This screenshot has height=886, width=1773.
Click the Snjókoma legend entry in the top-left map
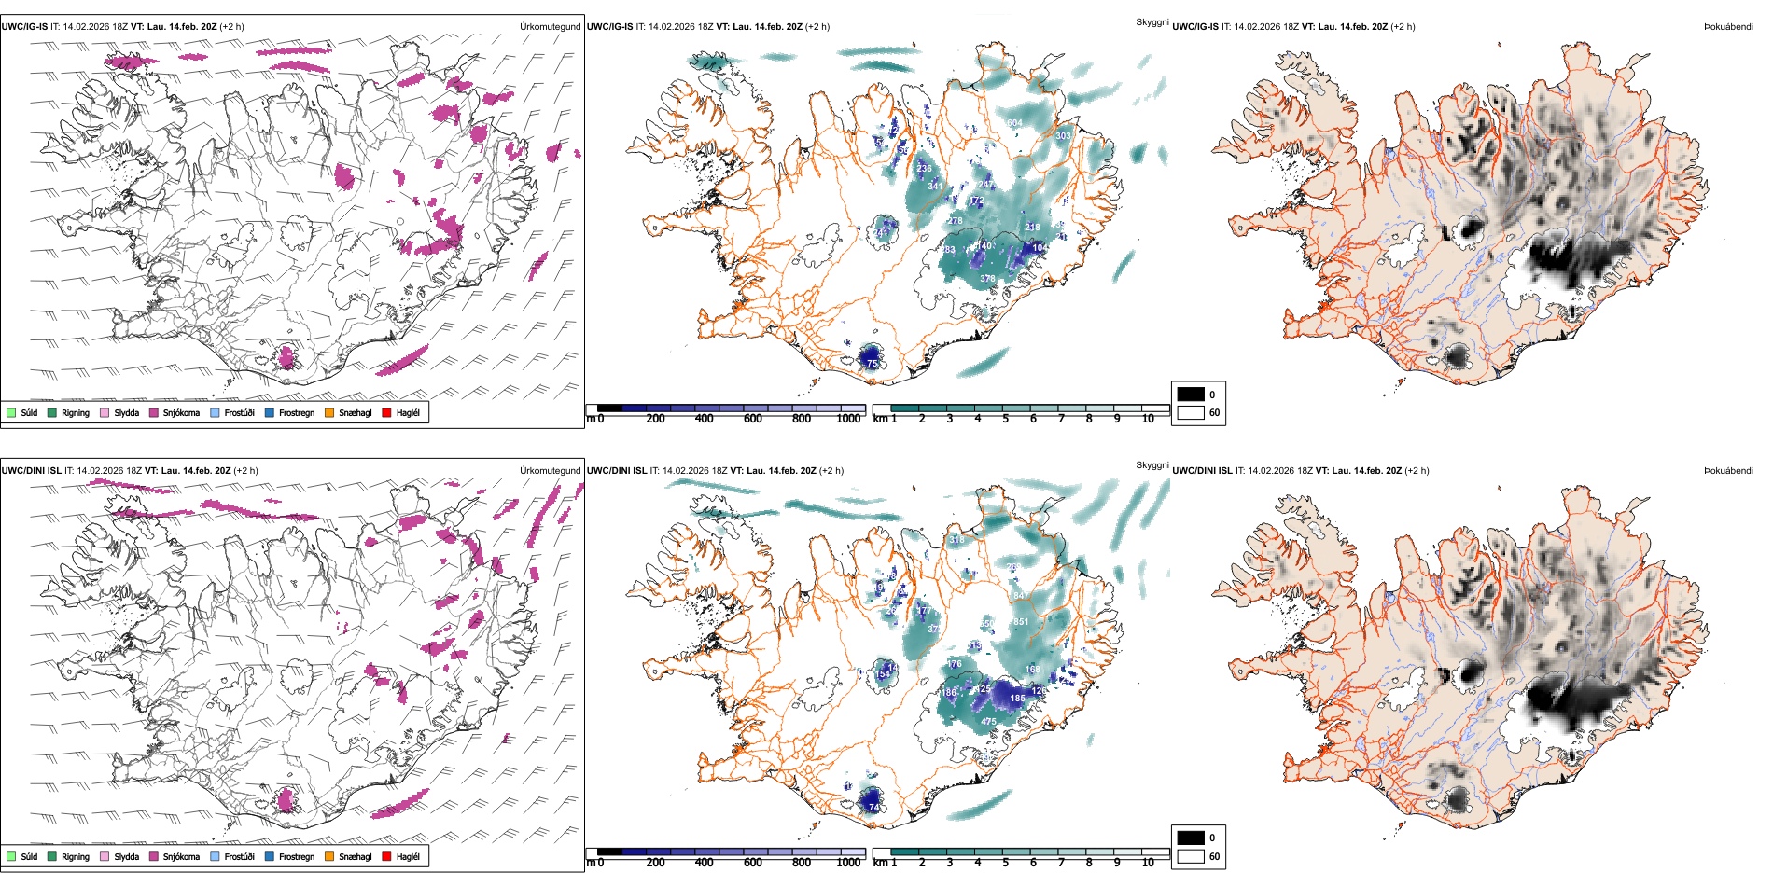point(181,413)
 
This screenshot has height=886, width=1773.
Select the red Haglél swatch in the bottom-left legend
point(387,856)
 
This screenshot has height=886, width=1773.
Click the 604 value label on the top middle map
point(1015,123)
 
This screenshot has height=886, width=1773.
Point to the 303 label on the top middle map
point(1063,136)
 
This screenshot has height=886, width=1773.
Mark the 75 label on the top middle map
point(873,364)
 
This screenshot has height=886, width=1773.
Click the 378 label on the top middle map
point(987,279)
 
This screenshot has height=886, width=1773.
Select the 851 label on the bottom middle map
point(1021,622)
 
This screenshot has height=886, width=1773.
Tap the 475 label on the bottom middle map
point(988,722)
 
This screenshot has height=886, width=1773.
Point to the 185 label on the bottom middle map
point(1017,698)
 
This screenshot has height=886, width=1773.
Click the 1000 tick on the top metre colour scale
point(848,419)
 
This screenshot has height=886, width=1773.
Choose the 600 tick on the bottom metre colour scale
point(753,863)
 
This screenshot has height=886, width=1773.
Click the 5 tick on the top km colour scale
point(1006,419)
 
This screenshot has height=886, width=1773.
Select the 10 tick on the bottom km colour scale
point(1148,863)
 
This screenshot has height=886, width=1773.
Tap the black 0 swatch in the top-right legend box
point(1191,395)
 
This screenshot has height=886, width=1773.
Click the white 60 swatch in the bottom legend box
point(1191,856)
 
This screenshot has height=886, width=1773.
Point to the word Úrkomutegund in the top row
point(550,27)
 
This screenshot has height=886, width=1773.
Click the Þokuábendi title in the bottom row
point(1728,471)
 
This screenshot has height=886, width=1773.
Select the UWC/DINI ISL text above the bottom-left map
point(31,471)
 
